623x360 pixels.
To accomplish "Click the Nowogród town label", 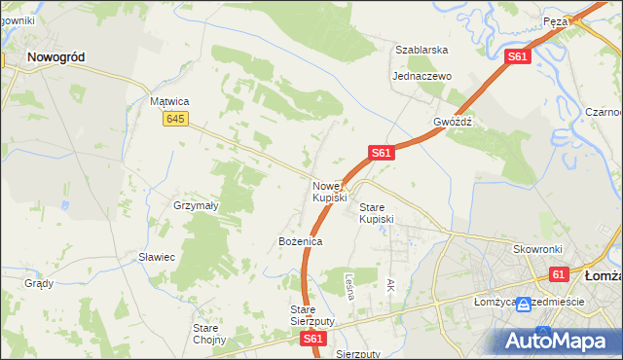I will tap(55, 57).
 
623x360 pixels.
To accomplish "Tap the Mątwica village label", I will tap(168, 101).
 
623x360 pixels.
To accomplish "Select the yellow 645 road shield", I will tap(175, 119).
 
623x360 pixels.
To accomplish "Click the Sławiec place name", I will tap(156, 257).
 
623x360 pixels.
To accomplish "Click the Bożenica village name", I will tap(300, 240).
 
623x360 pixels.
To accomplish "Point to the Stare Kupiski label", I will tap(377, 213).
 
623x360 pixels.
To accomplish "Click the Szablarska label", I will tap(421, 50).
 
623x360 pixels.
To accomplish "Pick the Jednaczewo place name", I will tap(421, 76).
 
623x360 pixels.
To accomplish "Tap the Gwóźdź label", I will tap(453, 123).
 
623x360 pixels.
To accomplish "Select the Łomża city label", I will tap(603, 276).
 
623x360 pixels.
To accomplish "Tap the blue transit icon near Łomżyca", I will tap(524, 305).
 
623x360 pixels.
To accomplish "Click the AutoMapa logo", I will tap(558, 341).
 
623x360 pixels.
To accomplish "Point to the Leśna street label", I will tap(348, 284).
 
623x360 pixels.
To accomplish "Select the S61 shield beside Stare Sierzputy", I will tap(312, 339).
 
